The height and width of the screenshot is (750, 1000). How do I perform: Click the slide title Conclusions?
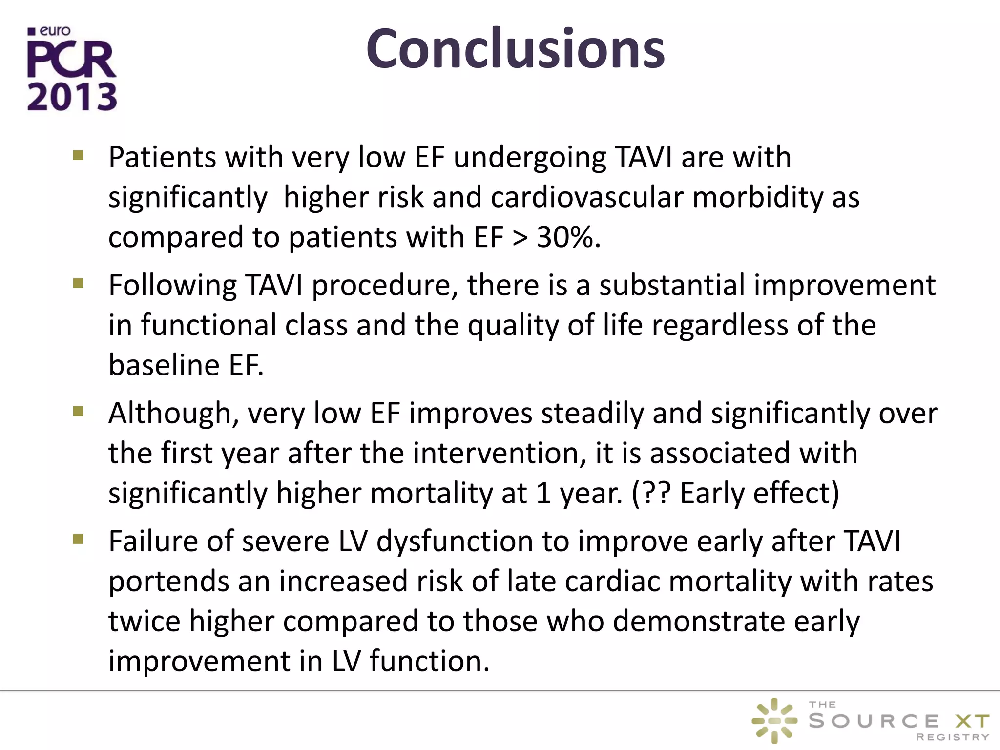click(515, 49)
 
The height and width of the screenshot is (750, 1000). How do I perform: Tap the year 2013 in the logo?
click(72, 97)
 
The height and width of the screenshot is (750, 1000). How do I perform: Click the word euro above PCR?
click(55, 31)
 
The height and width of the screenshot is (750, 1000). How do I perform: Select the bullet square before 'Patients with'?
click(78, 156)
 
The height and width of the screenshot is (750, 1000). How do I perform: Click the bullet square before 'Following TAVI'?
click(78, 284)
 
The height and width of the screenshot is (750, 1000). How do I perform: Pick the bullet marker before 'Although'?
click(78, 412)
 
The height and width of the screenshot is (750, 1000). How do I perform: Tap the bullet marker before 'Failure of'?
click(78, 540)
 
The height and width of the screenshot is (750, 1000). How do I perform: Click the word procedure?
click(385, 285)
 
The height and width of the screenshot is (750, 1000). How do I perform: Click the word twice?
click(144, 621)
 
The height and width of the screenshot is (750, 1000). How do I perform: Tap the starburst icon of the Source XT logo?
click(774, 721)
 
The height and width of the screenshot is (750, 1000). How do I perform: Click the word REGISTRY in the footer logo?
click(952, 737)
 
